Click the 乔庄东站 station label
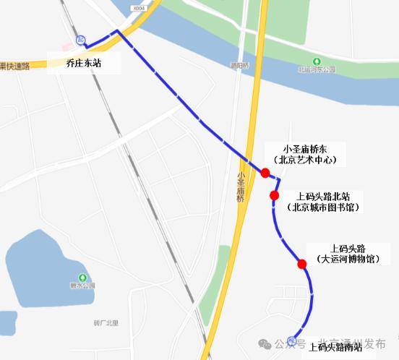click(83, 64)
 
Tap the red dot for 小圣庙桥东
click(265, 173)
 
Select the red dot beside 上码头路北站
click(275, 195)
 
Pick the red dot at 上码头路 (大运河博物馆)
click(302, 264)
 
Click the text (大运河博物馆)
click(349, 259)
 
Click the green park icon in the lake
click(82, 278)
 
